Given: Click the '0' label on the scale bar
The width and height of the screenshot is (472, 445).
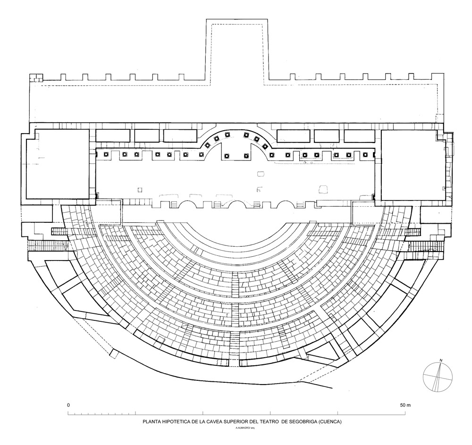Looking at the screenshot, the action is [x=68, y=405].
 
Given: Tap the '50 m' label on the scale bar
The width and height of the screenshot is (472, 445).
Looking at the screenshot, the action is [x=405, y=405].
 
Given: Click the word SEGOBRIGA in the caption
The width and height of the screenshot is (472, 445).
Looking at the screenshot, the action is [x=300, y=422].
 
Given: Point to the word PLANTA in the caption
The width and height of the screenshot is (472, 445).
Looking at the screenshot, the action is [x=152, y=422].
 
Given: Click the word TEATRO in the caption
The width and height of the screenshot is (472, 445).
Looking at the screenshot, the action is [x=270, y=422].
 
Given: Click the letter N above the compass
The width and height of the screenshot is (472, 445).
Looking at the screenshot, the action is [x=441, y=361].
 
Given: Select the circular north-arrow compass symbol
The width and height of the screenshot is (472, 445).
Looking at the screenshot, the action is [x=438, y=378].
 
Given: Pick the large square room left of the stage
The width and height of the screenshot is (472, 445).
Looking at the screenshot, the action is [x=58, y=164].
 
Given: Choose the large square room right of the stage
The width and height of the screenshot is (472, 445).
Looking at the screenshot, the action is [x=413, y=166].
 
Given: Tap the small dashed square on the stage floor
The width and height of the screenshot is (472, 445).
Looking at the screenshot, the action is [x=140, y=190].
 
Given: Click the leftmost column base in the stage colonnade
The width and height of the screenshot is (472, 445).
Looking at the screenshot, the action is [x=106, y=155].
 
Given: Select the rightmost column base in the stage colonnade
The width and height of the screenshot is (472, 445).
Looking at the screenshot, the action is [x=365, y=155].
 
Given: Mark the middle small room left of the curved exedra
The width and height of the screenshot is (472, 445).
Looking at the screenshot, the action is [x=146, y=136].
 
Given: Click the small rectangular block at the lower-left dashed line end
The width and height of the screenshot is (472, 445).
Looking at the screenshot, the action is [x=114, y=353].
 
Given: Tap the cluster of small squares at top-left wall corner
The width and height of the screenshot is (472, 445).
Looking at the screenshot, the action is [x=36, y=77].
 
